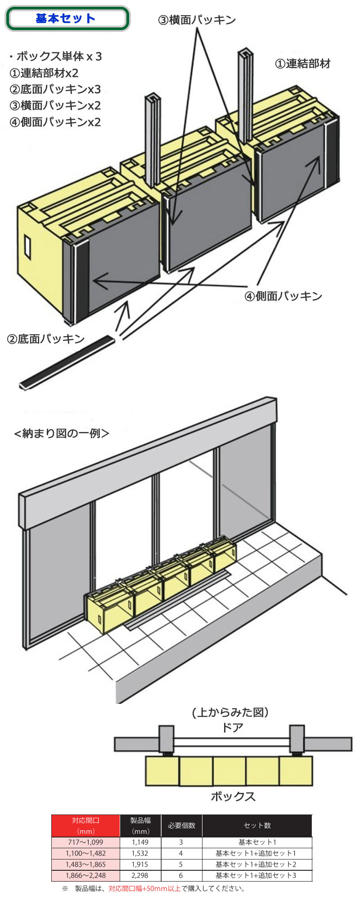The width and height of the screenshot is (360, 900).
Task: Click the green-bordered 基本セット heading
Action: click(67, 19)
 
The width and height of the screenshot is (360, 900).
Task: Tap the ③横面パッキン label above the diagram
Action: click(197, 20)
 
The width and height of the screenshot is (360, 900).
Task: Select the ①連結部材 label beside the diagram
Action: click(302, 63)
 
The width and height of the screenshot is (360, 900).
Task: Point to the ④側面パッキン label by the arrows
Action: click(283, 296)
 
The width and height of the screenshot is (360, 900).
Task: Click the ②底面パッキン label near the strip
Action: click(46, 339)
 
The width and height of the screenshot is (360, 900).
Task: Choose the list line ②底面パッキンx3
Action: click(55, 89)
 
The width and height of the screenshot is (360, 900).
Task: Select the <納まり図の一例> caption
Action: click(62, 433)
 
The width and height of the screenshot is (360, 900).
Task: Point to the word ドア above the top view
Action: click(233, 727)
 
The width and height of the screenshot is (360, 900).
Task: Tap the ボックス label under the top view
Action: click(233, 796)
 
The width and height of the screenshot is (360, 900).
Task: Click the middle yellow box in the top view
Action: click(229, 771)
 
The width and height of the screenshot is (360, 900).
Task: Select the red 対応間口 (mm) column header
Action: click(85, 826)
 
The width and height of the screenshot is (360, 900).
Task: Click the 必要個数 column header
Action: click(182, 826)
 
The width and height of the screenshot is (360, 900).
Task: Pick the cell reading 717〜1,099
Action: click(85, 842)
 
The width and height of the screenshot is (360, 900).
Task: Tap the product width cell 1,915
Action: click(140, 864)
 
